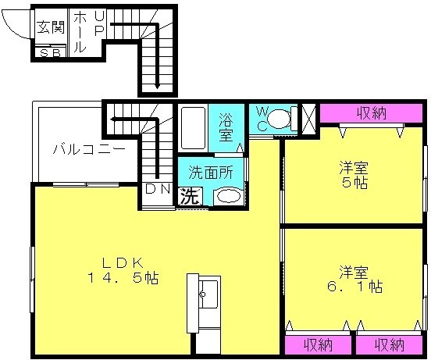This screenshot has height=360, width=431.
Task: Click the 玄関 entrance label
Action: pyautogui.click(x=51, y=27)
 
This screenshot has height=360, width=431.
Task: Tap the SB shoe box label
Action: pyautogui.click(x=51, y=53)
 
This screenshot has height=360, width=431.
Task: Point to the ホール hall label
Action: pyautogui.click(x=80, y=30)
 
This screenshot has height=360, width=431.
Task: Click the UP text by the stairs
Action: pyautogui.click(x=99, y=24)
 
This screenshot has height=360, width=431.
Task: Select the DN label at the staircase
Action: pyautogui.click(x=158, y=189)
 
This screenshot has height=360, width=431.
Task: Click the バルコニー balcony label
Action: pyautogui.click(x=89, y=149)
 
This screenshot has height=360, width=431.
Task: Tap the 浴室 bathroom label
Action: pyautogui.click(x=226, y=127)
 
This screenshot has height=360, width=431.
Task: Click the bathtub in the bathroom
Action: pyautogui.click(x=193, y=128)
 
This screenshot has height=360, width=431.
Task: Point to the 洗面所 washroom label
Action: pyautogui.click(x=211, y=173)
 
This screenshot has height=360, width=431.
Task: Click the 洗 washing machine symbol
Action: pyautogui.click(x=190, y=196)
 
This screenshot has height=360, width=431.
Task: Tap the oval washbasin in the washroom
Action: pyautogui.click(x=227, y=196)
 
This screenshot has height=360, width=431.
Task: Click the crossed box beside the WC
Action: pyautogui.click(x=308, y=119)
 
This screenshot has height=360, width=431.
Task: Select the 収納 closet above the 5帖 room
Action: pyautogui.click(x=371, y=113)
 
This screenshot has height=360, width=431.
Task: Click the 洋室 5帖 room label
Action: pyautogui.click(x=354, y=175)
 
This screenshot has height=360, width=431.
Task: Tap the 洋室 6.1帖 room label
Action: pyautogui.click(x=354, y=280)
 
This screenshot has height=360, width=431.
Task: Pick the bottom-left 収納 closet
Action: pyautogui.click(x=318, y=345)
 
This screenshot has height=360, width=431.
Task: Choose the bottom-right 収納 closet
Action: pyautogui.click(x=389, y=345)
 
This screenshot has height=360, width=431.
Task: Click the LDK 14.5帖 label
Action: pyautogui.click(x=123, y=271)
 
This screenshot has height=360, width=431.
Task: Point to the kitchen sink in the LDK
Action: pyautogui.click(x=208, y=294)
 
